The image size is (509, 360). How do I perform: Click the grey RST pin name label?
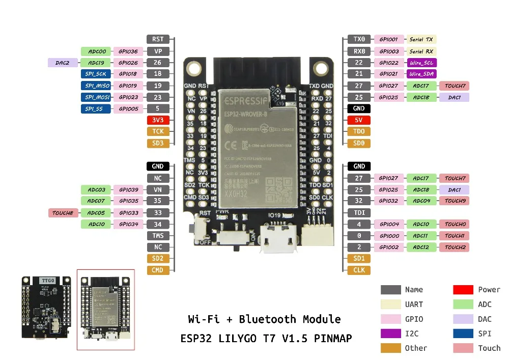[x=158, y=39]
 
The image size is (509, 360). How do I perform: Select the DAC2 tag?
[x=63, y=63]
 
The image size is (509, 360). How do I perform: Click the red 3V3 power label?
[x=158, y=120]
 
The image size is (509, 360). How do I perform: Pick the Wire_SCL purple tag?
[x=421, y=63]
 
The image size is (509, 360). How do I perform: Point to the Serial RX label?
[x=421, y=51]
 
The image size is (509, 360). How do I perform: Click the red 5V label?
[x=359, y=120]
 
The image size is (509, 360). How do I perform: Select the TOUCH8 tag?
[x=63, y=213]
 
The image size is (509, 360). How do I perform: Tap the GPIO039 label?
[x=128, y=189]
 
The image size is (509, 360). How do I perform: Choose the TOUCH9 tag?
[x=455, y=201]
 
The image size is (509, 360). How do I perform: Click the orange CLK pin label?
[x=359, y=270]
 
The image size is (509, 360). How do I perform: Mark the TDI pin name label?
[x=359, y=213]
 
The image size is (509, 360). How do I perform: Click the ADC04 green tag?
[x=421, y=201]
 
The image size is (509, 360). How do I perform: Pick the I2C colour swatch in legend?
[x=390, y=334]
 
